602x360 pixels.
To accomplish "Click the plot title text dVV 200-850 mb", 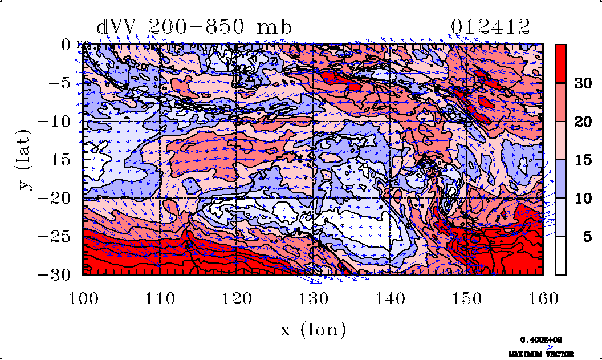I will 194,27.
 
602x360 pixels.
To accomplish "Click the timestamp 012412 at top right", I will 491,27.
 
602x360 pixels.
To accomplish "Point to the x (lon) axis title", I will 313,330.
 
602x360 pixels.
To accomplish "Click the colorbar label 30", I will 582,83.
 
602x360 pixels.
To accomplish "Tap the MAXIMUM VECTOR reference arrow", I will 538,346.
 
